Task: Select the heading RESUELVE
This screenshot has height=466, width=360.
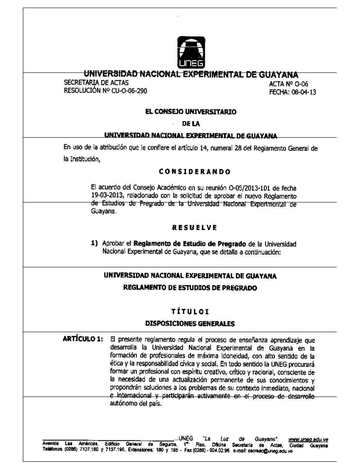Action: click(x=194, y=227)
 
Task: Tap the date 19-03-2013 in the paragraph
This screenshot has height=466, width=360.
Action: click(x=107, y=196)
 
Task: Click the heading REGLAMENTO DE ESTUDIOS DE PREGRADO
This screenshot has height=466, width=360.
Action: click(x=190, y=288)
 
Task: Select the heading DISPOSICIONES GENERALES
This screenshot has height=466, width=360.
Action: click(x=190, y=324)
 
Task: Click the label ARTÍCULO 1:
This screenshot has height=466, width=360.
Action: click(x=82, y=340)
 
